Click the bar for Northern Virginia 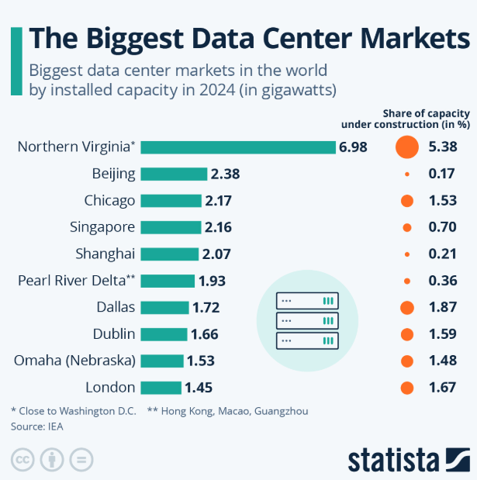tap(237, 147)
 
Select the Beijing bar tap(174, 174)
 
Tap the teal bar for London tap(161, 387)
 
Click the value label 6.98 tap(353, 147)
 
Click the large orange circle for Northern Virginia tap(406, 147)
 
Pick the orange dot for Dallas tap(406, 307)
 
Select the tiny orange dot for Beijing tap(406, 174)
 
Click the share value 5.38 tap(442, 147)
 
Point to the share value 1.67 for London tap(442, 387)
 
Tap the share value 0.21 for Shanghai tap(442, 254)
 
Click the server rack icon tap(308, 319)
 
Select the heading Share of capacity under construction tap(405, 118)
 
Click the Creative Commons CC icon tap(23, 458)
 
